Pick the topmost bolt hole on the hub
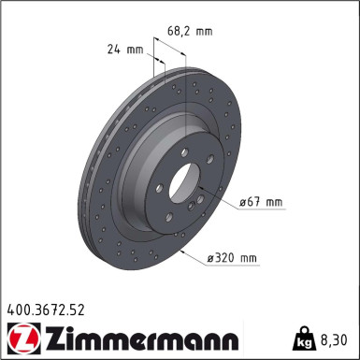pyautogui.click(x=184, y=153)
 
